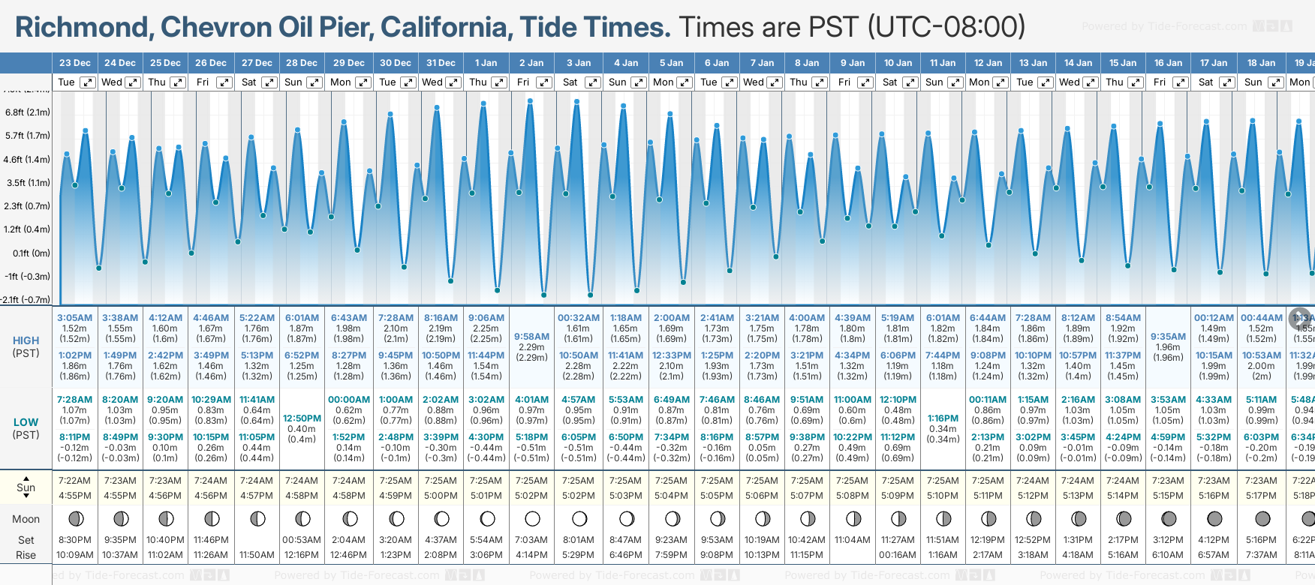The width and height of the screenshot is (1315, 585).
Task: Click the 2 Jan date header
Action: coord(531,63)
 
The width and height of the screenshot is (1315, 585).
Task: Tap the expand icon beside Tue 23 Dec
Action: coord(88,82)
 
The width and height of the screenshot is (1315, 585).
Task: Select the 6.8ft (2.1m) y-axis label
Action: coord(28,112)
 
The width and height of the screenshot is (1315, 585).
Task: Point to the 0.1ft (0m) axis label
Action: coord(32,253)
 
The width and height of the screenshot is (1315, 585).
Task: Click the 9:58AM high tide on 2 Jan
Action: coord(531,337)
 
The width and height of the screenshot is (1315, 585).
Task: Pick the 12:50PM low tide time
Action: coord(302,418)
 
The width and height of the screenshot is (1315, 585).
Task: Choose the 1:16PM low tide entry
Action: coord(943,418)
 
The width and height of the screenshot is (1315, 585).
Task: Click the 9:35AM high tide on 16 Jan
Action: coord(1168,337)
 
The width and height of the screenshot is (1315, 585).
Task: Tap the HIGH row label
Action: coord(26,340)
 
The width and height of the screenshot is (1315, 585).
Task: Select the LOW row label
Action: coord(26,422)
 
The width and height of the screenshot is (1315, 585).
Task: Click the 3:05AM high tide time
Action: coord(75,318)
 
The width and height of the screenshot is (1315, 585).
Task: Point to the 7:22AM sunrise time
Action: coord(74,481)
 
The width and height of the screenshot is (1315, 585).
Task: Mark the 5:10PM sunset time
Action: coord(943,496)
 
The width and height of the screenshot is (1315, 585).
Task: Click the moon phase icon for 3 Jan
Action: coord(579,518)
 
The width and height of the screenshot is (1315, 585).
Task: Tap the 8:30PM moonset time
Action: coord(74,540)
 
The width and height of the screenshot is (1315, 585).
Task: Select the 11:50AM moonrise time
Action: coord(257,555)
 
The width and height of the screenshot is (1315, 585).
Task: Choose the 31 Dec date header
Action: coord(441,63)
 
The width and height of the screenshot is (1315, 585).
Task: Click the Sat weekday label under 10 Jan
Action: coord(890,82)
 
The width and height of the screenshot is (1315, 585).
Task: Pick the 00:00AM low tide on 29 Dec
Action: coord(349,400)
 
